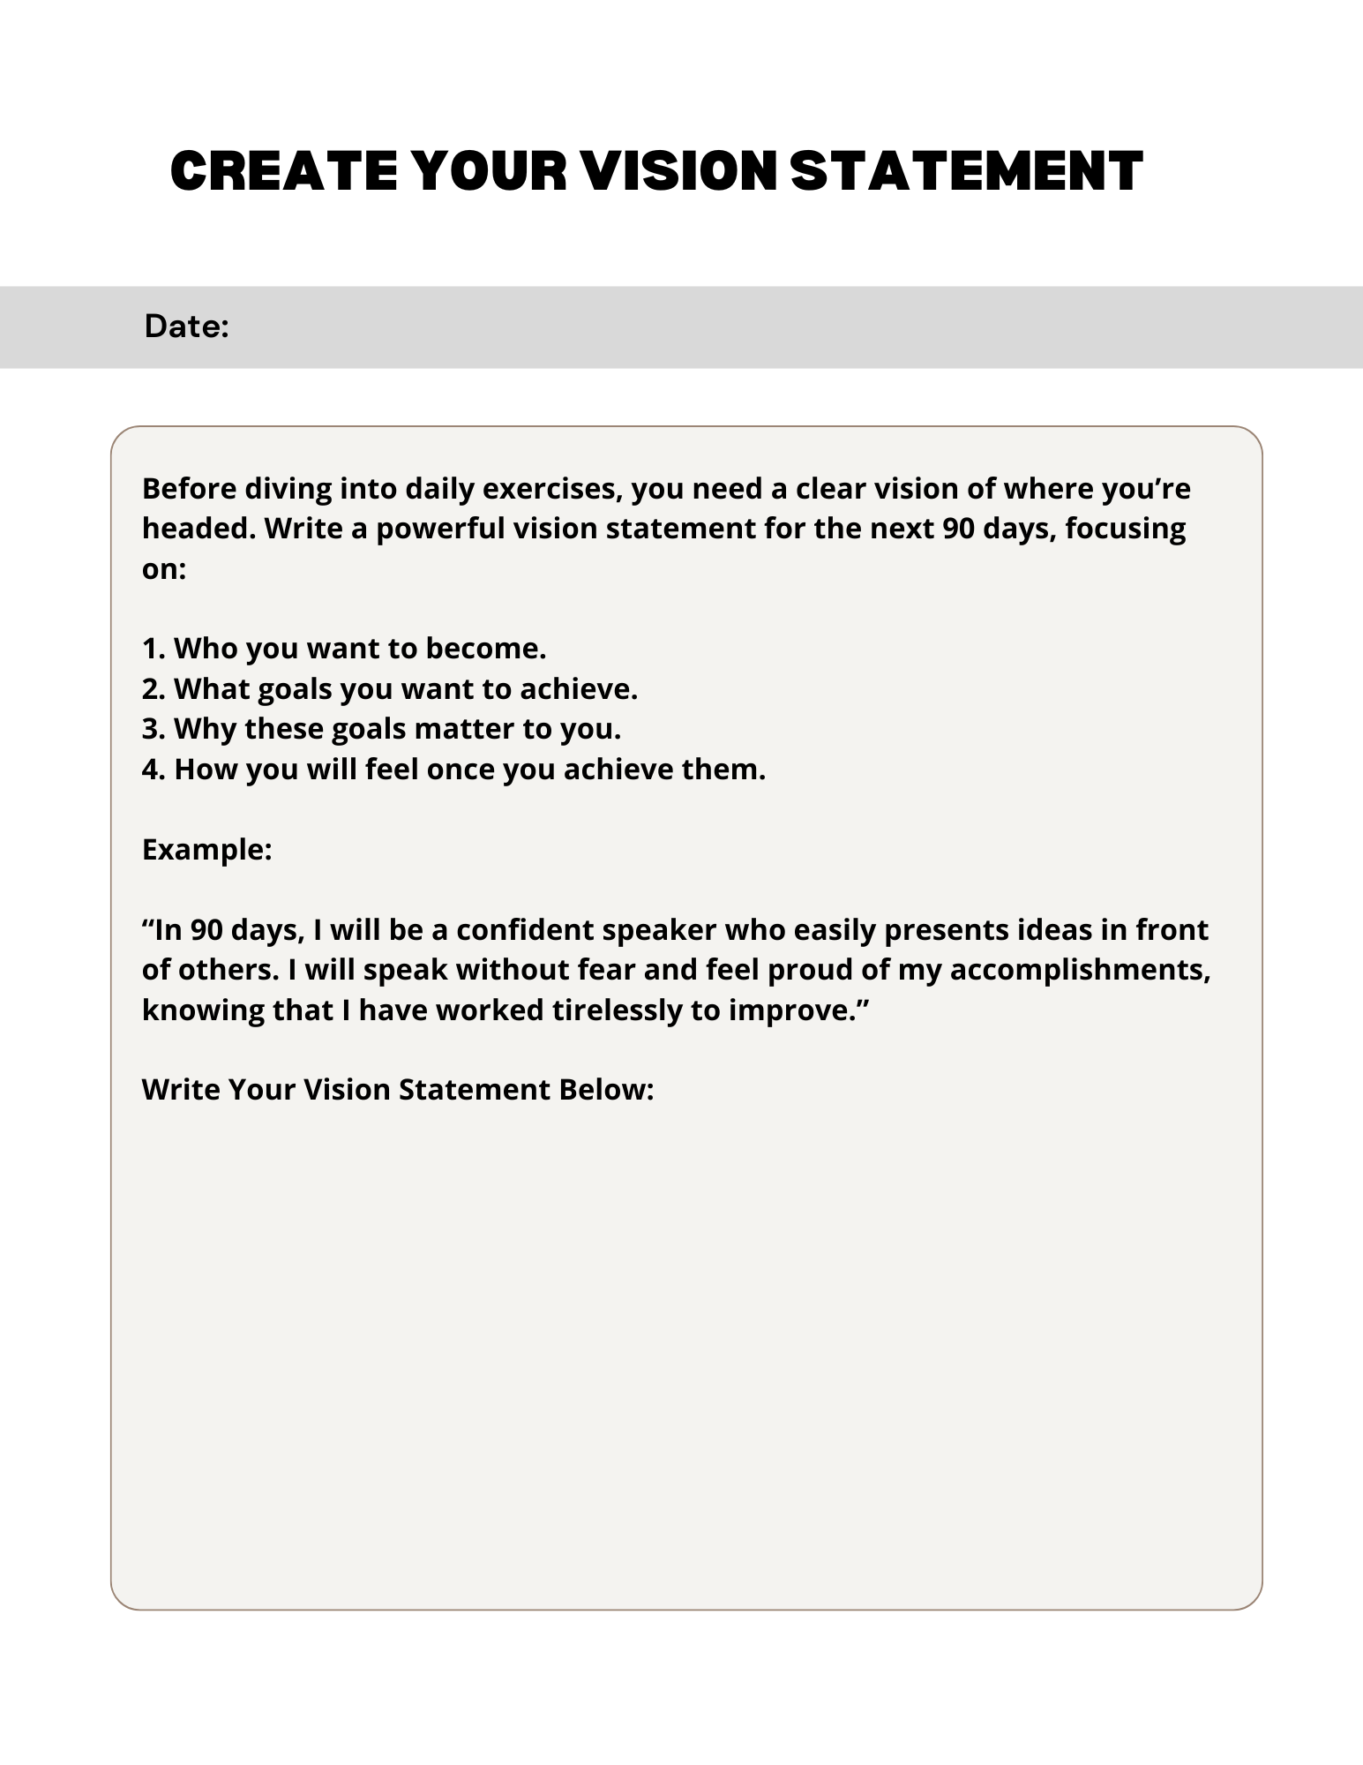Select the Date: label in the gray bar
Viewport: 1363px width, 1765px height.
[x=187, y=327]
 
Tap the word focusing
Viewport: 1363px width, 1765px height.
[x=1126, y=529]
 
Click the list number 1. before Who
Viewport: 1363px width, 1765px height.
[x=154, y=649]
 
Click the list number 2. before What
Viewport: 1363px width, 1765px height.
[x=154, y=688]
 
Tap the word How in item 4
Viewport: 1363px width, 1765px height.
[x=206, y=770]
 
